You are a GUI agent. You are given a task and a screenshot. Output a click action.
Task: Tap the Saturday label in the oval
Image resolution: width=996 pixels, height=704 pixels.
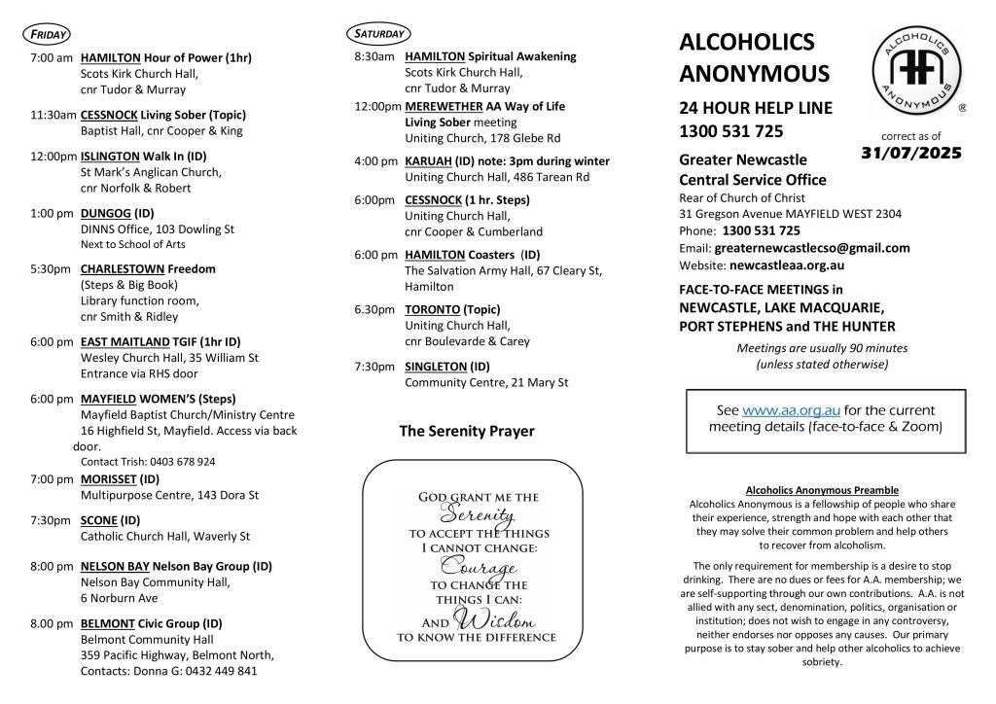point(378,34)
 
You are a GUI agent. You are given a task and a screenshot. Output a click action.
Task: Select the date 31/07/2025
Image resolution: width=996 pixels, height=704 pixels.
point(911,153)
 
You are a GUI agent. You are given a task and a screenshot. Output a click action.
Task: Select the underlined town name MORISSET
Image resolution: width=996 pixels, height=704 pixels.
point(109,478)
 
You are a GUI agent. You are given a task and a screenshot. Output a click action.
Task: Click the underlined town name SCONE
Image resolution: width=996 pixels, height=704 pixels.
point(99,519)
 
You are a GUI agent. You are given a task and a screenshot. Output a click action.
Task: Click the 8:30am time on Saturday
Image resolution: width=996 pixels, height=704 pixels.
point(373,56)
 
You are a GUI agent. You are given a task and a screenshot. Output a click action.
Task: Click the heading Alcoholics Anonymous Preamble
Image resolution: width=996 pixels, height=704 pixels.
point(822,490)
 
